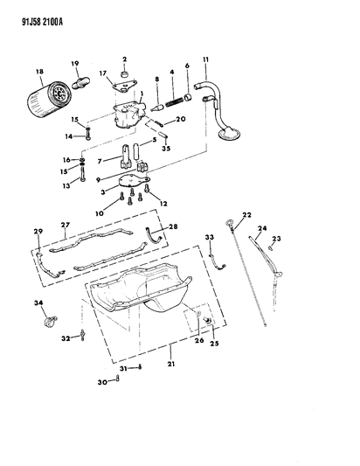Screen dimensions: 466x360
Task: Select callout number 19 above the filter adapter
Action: (73, 63)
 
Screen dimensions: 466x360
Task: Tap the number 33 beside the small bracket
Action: (210, 238)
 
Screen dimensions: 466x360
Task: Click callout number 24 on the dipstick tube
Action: (261, 229)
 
